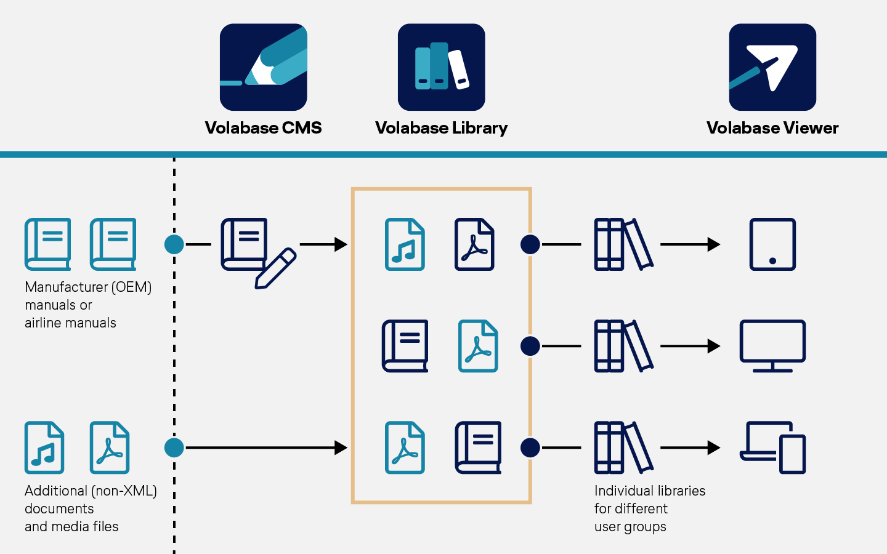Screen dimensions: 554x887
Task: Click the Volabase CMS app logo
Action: tap(263, 67)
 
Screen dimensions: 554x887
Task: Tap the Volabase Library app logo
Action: tap(441, 67)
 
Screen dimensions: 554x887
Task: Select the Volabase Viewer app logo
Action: tap(772, 67)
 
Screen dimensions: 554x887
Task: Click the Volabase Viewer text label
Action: tap(772, 128)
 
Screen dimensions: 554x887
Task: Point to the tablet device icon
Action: tap(772, 244)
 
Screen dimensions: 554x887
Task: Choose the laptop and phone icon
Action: tap(772, 448)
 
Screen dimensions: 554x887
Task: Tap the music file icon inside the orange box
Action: tap(405, 244)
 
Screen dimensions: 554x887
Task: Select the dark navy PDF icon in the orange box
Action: tap(474, 244)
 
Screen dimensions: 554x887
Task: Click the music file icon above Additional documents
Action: tap(44, 448)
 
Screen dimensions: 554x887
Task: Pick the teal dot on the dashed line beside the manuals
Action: tap(174, 244)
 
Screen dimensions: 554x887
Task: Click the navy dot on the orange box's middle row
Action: tap(530, 346)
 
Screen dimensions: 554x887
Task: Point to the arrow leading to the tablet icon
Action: tap(690, 244)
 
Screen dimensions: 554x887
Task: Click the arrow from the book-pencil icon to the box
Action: tap(323, 244)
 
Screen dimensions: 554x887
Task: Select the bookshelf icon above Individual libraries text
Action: tap(623, 448)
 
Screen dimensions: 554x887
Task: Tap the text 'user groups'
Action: tap(630, 527)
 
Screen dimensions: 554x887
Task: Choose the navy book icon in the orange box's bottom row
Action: tap(478, 448)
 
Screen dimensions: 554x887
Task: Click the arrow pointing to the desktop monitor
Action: tap(690, 346)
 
